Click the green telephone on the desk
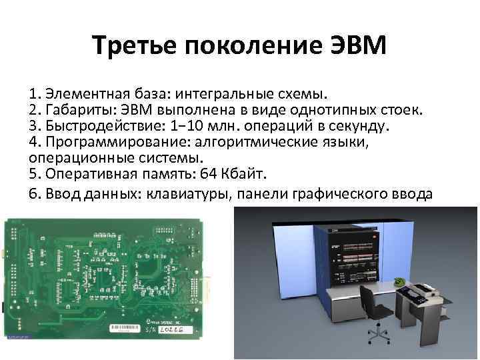(x=399, y=281)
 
